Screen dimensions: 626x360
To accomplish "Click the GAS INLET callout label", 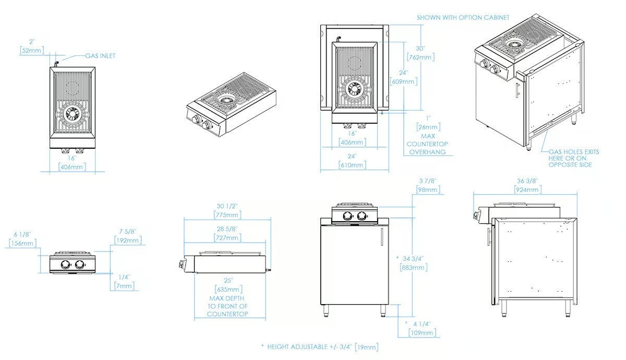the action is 100,56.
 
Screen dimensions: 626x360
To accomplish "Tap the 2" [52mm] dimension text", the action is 32,46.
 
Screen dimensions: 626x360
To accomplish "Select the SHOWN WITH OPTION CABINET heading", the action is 463,18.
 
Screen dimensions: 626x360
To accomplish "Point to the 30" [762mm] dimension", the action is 420,53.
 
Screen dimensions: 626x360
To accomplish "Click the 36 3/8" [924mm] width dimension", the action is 527,185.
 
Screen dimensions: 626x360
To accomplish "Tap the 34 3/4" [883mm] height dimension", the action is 413,263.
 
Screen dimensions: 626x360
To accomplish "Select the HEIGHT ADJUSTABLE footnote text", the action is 320,347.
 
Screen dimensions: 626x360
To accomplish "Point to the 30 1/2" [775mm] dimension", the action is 227,211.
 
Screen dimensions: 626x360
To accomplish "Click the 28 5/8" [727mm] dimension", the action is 227,233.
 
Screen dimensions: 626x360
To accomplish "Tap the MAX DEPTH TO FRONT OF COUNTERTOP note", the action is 227,306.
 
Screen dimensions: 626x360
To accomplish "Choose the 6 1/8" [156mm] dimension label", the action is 22,239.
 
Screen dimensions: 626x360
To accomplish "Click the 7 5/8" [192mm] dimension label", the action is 128,236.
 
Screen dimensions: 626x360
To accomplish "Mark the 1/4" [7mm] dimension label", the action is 124,282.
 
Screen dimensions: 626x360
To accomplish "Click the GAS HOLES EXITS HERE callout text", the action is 573,158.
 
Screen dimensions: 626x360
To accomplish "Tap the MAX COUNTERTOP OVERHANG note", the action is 427,144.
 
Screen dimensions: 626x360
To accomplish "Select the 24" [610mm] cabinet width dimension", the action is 352,161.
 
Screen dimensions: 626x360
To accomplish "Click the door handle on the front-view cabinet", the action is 382,236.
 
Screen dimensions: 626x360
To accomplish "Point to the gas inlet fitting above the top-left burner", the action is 56,64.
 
